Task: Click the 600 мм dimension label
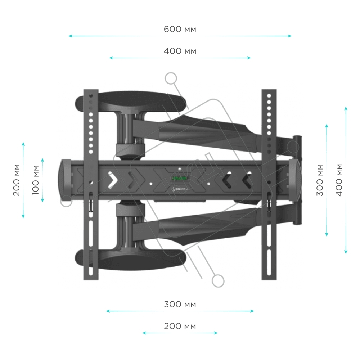(x=180, y=30)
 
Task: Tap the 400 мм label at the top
(x=180, y=51)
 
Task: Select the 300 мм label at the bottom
(x=180, y=305)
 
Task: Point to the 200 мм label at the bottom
(x=180, y=326)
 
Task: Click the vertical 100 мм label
(x=35, y=180)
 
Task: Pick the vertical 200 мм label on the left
(x=16, y=180)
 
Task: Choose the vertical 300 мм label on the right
(x=320, y=180)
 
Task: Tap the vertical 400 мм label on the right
(x=339, y=180)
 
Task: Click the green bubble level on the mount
(x=180, y=178)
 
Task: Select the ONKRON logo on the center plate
(x=180, y=189)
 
